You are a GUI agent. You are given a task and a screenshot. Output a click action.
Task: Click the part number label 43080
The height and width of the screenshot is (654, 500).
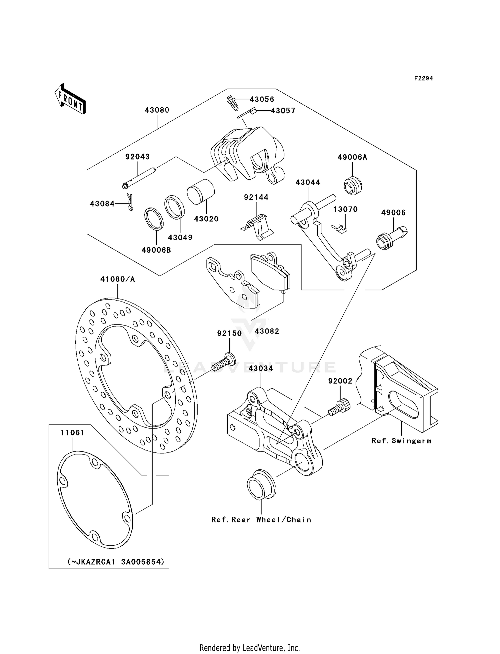pyautogui.click(x=157, y=110)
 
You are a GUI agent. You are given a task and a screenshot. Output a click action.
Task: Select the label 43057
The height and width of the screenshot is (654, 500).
pyautogui.click(x=283, y=111)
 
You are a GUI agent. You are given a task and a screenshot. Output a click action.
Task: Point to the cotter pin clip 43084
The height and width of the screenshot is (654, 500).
pyautogui.click(x=130, y=202)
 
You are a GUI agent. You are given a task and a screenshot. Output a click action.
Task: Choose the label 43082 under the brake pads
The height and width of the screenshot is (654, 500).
pyautogui.click(x=267, y=331)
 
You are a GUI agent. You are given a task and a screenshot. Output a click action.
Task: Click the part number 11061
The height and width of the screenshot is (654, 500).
pyautogui.click(x=72, y=432)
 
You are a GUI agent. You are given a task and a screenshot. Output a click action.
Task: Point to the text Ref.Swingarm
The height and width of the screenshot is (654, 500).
pyautogui.click(x=401, y=441)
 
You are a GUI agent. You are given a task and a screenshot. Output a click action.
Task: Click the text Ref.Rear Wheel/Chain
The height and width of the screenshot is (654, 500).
pyautogui.click(x=261, y=520)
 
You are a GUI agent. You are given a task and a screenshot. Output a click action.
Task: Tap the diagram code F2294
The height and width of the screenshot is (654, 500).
pyautogui.click(x=423, y=78)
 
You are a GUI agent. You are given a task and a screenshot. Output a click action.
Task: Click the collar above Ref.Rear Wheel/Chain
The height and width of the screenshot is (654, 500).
pyautogui.click(x=261, y=484)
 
